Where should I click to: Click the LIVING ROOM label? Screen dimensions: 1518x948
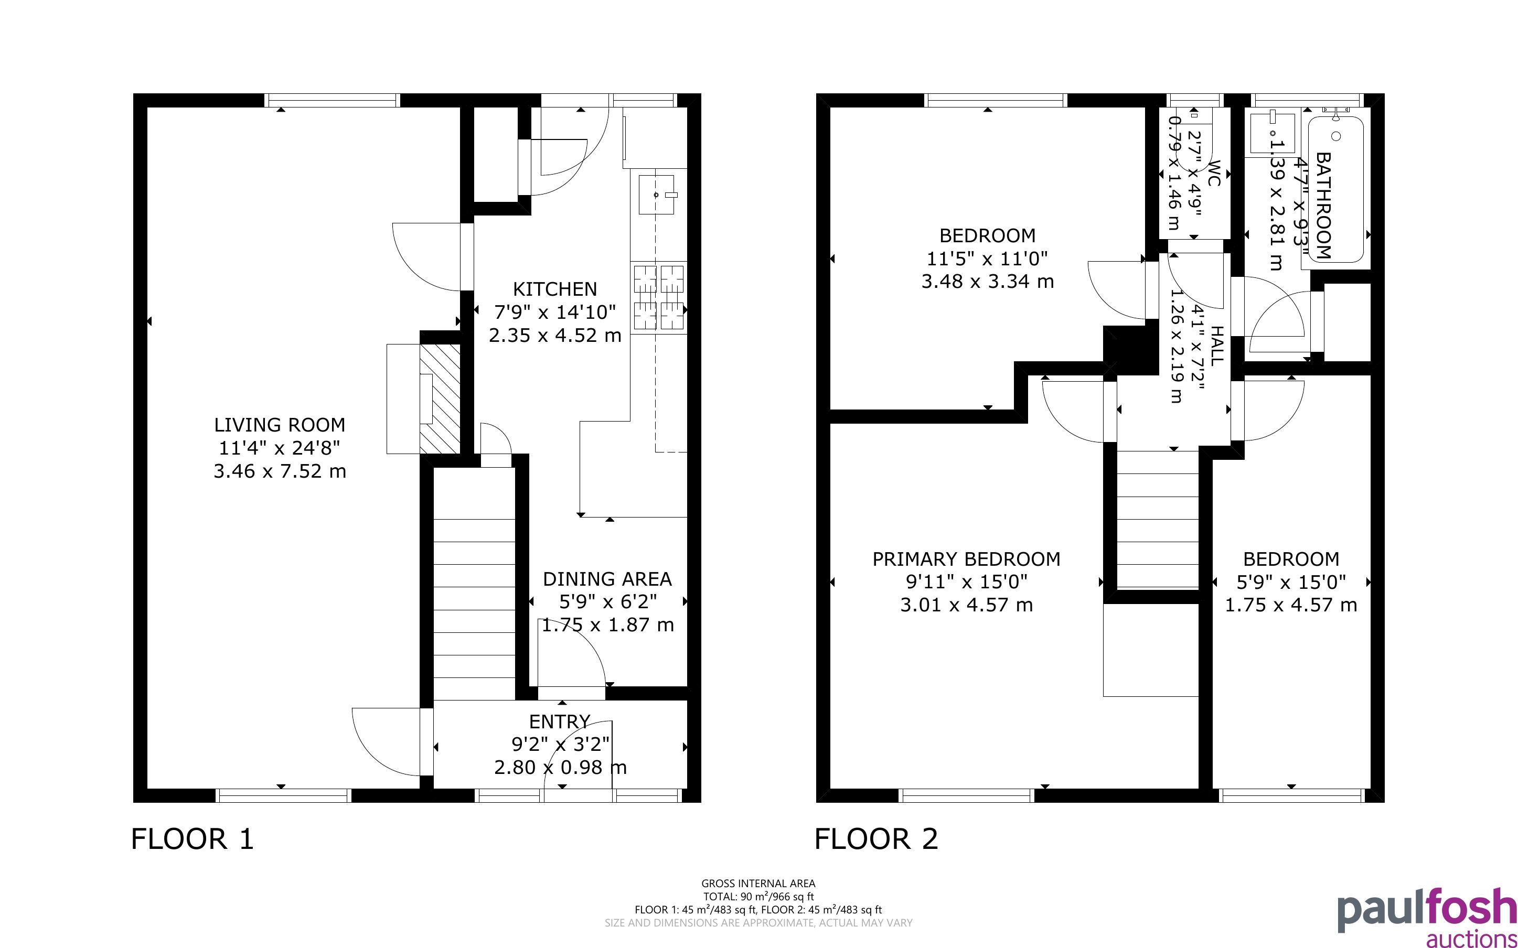tap(280, 425)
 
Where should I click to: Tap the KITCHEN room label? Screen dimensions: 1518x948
tap(555, 289)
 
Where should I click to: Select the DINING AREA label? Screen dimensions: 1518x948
tap(607, 579)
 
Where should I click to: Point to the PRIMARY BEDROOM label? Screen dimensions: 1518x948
tap(966, 558)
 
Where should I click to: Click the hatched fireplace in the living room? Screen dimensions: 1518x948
tap(440, 399)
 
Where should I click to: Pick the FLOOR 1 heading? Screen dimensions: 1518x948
tap(193, 839)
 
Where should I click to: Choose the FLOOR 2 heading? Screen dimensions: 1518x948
tap(876, 839)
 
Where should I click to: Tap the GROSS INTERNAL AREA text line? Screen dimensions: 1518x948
tap(758, 884)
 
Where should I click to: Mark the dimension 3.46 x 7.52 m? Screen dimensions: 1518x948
tap(280, 471)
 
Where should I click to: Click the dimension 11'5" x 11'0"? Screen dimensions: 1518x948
tap(988, 257)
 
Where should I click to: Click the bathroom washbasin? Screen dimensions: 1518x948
tap(1273, 133)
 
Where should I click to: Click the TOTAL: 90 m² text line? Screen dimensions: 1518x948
tap(758, 897)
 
